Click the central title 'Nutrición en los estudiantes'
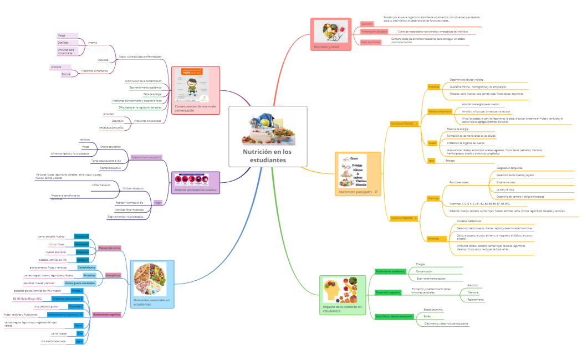coord(267,156)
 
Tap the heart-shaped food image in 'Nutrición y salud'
coord(331,31)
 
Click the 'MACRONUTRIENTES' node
coord(403,124)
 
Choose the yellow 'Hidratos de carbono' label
coord(440,111)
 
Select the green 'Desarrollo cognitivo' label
coord(388,292)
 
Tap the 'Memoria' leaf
coord(473,292)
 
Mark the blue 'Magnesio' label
coord(82,251)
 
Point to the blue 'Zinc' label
coord(80,333)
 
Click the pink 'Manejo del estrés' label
coord(109,248)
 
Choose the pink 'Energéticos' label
coord(113,275)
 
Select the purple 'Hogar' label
coord(157,203)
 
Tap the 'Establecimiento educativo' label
coord(146,157)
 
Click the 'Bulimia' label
coord(66,74)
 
